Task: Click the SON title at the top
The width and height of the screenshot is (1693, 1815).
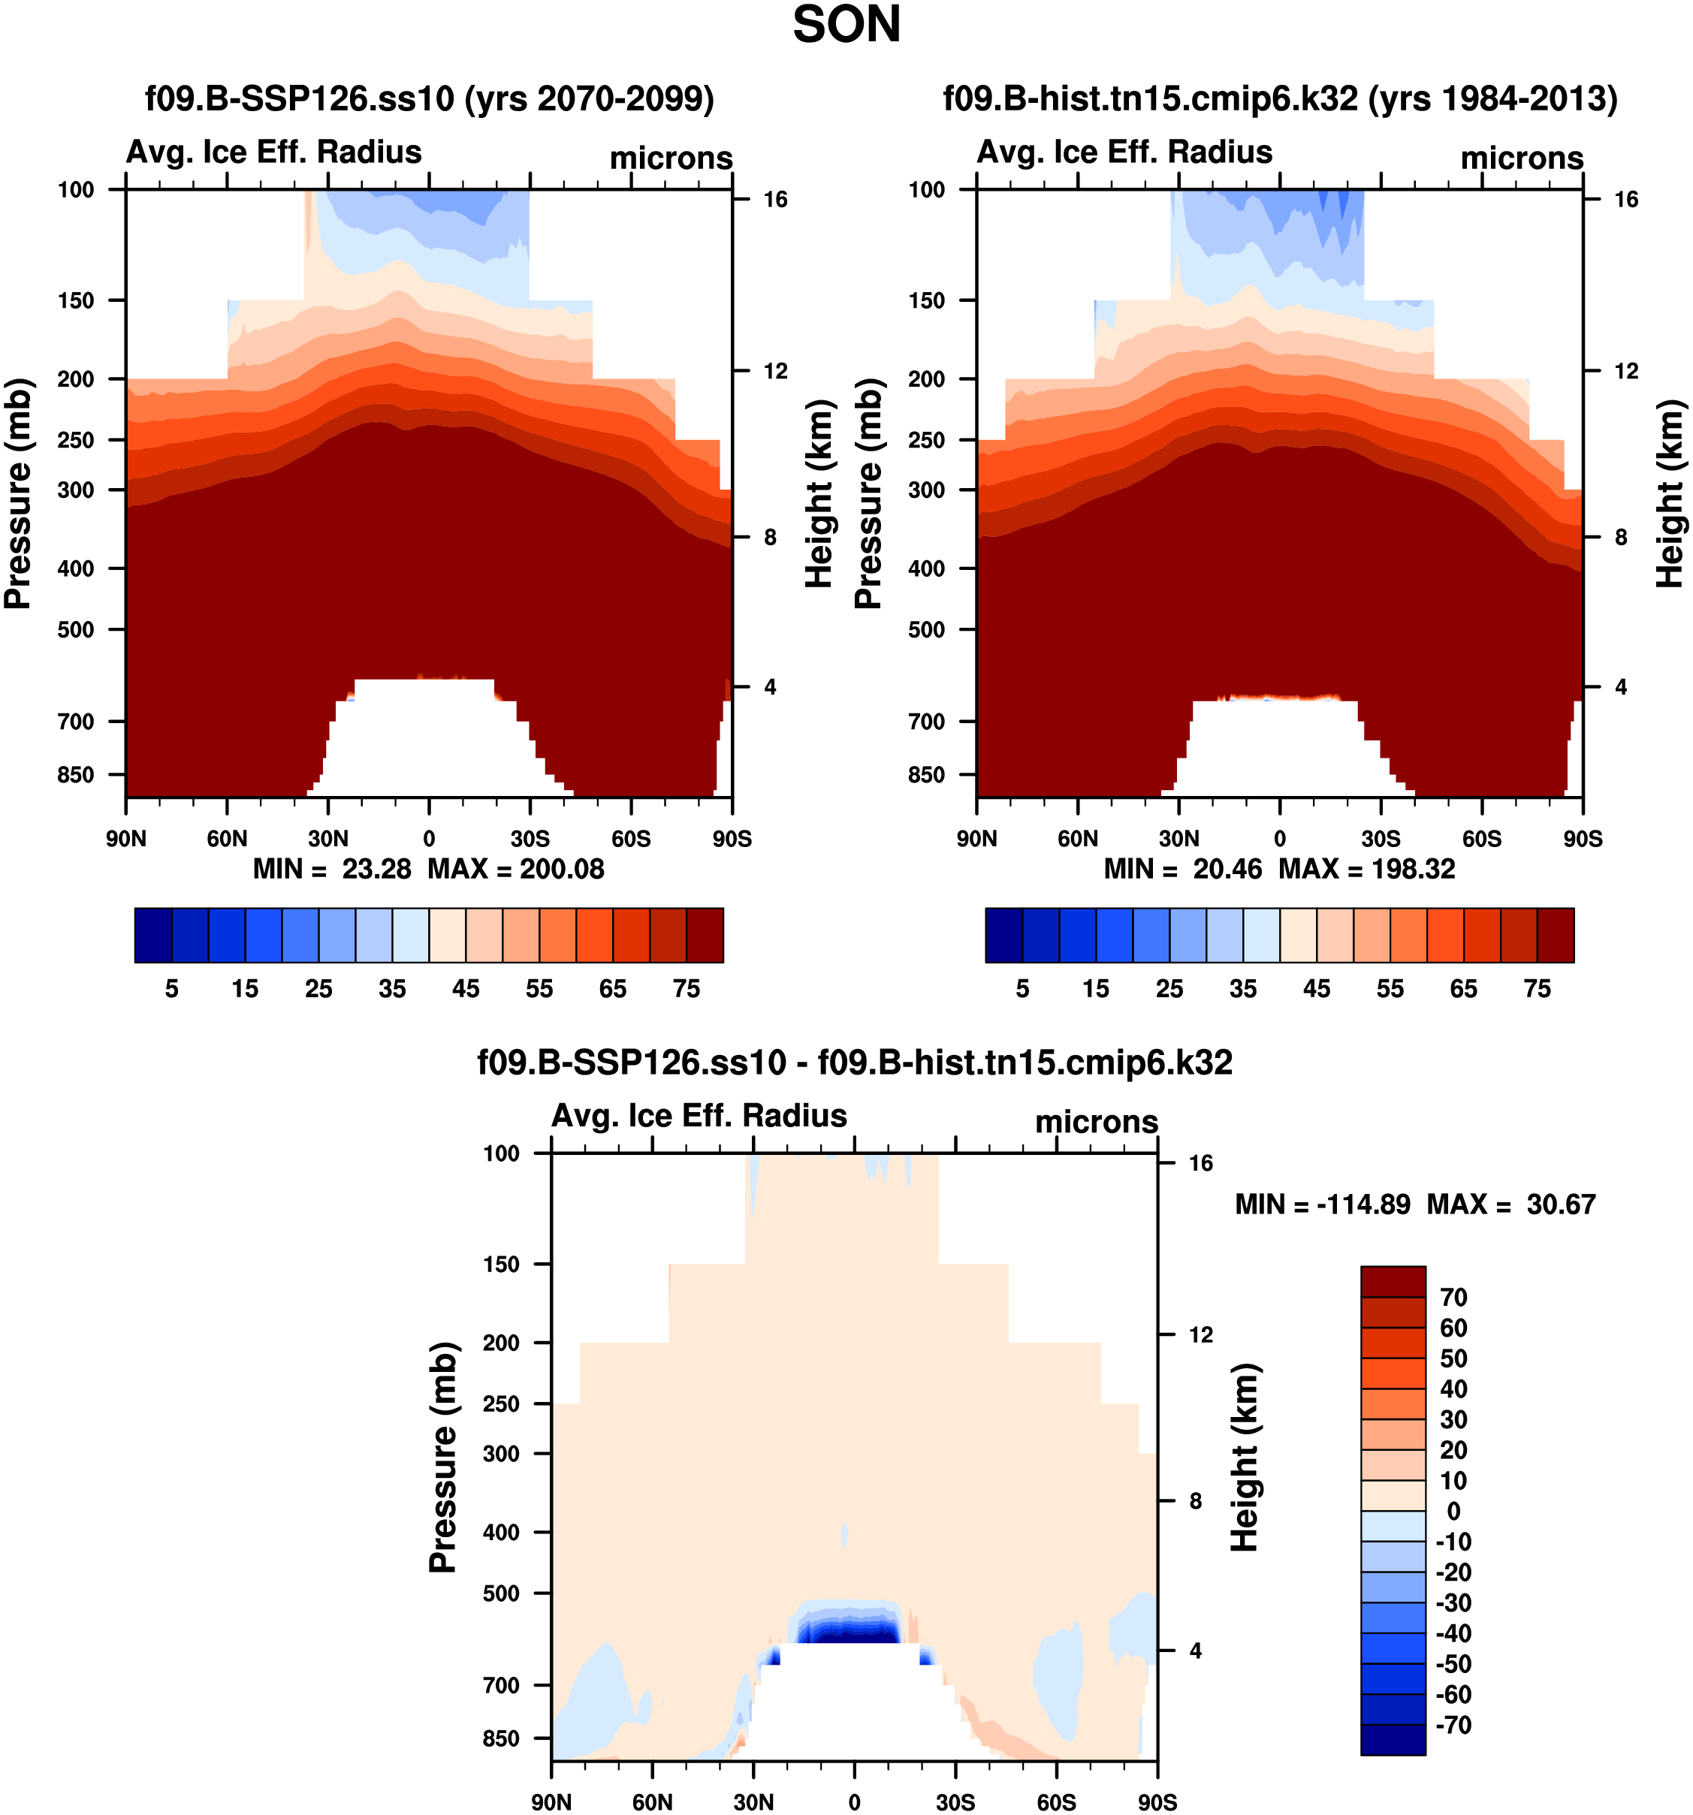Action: click(846, 26)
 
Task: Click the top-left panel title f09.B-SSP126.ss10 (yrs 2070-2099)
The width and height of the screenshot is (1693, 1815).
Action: click(429, 98)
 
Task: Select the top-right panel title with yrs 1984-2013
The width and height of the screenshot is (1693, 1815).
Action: click(1279, 98)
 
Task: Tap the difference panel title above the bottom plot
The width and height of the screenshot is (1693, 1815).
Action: click(855, 1063)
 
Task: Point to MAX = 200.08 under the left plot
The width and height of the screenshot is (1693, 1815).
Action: click(516, 869)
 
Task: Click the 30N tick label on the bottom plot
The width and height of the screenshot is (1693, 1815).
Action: click(753, 1802)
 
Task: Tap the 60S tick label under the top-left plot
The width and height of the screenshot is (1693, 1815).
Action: click(631, 839)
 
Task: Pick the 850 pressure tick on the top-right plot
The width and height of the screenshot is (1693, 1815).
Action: click(926, 775)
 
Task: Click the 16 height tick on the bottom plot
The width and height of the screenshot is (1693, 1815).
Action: click(1201, 1163)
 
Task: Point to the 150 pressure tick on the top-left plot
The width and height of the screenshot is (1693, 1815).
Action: click(76, 300)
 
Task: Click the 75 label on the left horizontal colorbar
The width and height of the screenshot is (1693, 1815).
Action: click(687, 989)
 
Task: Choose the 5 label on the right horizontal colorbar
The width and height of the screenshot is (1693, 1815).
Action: click(1023, 989)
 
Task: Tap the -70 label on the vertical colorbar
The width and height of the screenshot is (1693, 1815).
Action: click(1453, 1726)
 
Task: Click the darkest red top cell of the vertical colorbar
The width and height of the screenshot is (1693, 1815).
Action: click(1393, 1282)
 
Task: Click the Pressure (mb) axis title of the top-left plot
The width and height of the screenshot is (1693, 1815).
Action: click(18, 493)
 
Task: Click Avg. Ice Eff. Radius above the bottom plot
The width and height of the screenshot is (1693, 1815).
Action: click(699, 1116)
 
